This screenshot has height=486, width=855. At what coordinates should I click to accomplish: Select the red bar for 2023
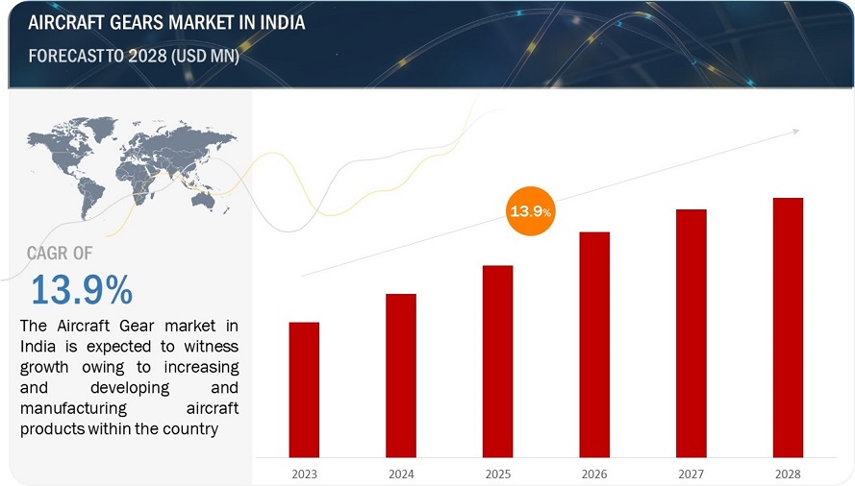tap(304, 389)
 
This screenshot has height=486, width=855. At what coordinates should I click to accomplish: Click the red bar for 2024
tap(401, 375)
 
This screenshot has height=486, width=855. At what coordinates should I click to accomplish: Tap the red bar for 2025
tap(497, 360)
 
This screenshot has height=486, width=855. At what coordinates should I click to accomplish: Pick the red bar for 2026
tap(594, 344)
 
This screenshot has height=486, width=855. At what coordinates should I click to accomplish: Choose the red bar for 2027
tap(692, 332)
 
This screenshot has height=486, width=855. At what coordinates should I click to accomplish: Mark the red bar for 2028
tap(788, 327)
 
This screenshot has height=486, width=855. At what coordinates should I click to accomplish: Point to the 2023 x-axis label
tap(304, 472)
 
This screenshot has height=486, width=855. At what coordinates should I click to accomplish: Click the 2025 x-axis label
tap(497, 472)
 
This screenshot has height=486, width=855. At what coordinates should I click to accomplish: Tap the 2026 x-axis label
tap(594, 472)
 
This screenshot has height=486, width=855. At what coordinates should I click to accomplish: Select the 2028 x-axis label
tap(788, 472)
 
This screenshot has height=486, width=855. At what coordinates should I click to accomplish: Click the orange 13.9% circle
tap(530, 211)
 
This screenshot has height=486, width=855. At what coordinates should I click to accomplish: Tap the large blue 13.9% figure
tap(81, 289)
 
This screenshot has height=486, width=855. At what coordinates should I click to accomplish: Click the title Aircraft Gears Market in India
tap(167, 22)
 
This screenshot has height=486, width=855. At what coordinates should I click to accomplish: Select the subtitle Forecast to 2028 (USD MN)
tap(134, 56)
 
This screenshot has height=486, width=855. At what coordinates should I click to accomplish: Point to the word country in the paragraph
tap(190, 428)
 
